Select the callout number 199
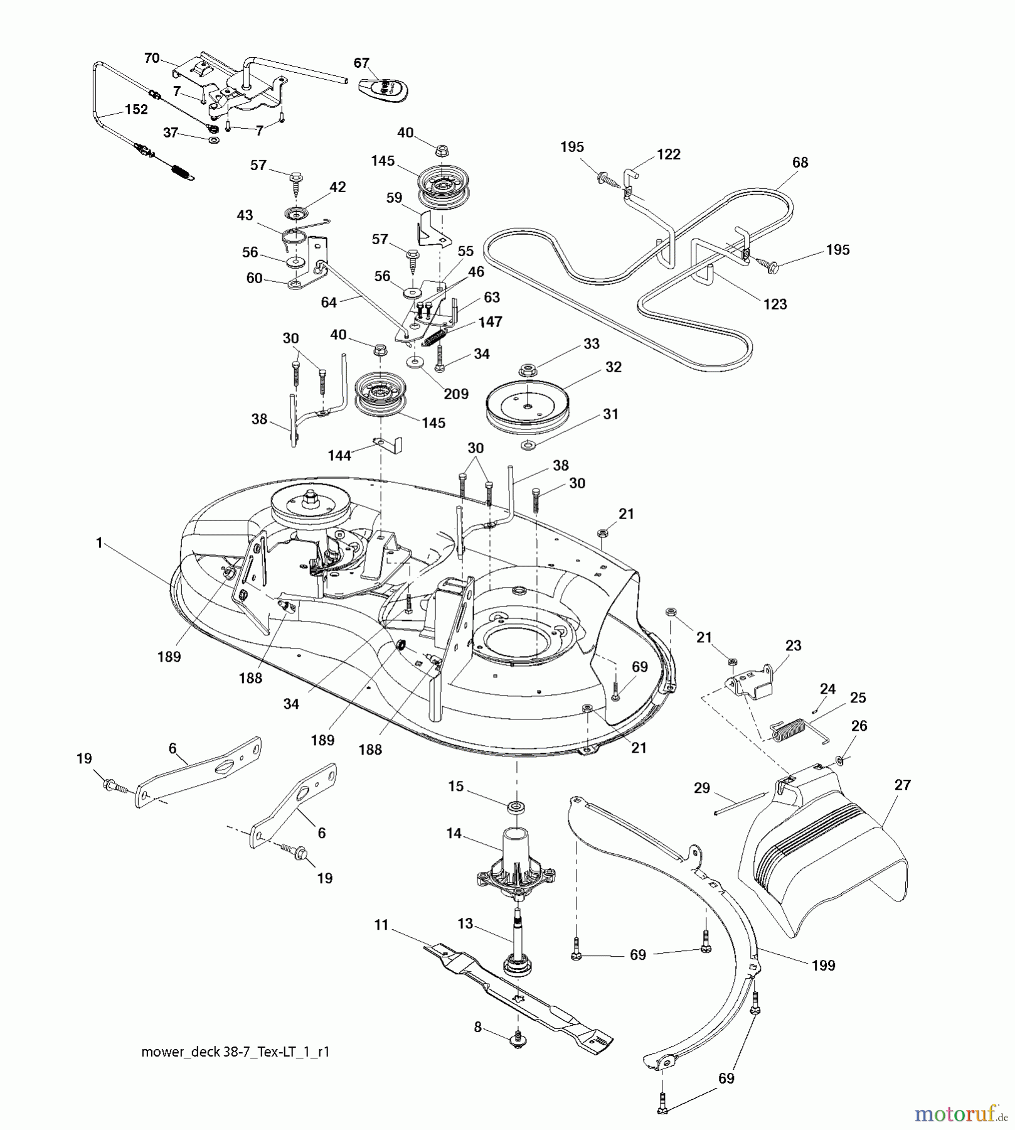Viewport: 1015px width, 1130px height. [823, 966]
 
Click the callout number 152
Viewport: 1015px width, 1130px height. [136, 109]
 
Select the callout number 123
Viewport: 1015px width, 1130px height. [775, 304]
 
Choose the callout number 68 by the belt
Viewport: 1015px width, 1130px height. [800, 163]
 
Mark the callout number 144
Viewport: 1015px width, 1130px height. [339, 455]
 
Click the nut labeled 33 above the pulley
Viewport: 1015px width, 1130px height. [528, 367]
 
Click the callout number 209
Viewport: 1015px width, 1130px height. [456, 394]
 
